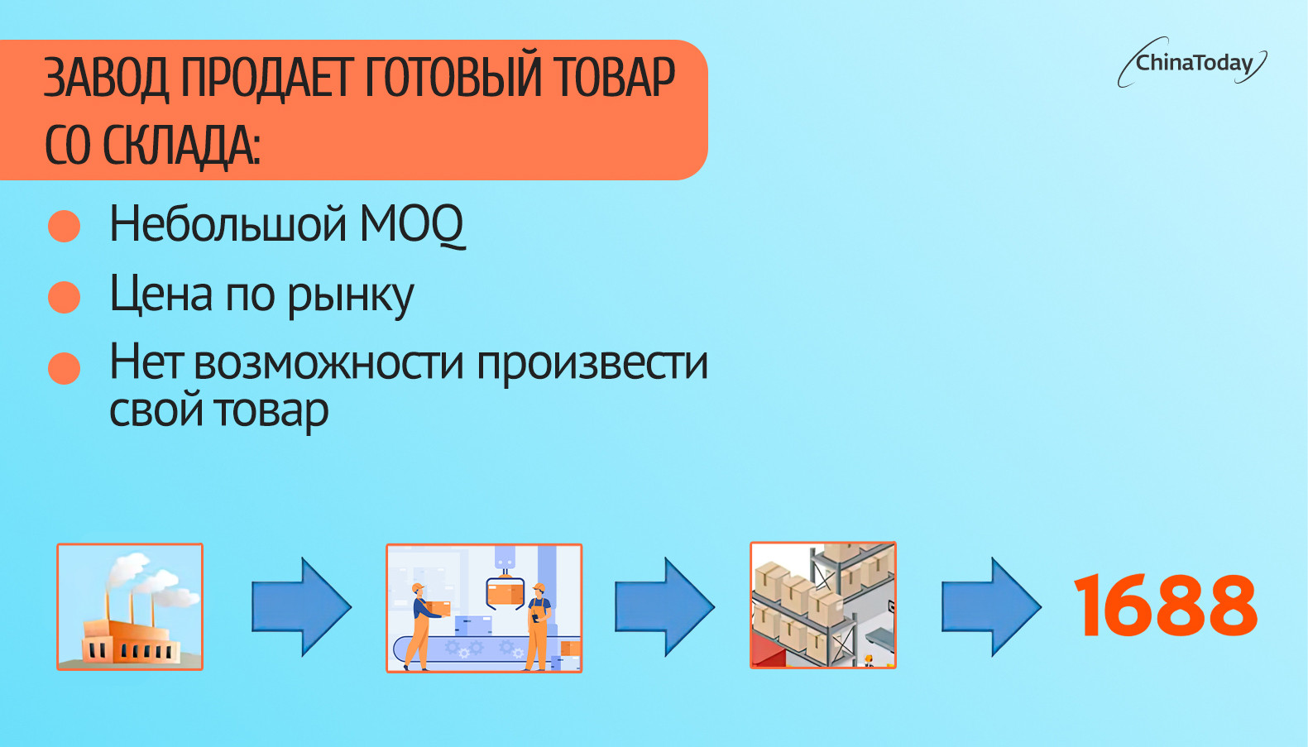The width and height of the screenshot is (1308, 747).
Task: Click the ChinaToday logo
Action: pyautogui.click(x=1192, y=63)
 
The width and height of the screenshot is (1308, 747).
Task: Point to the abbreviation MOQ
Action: pyautogui.click(x=412, y=224)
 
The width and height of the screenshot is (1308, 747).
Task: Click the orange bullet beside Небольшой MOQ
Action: pyautogui.click(x=64, y=226)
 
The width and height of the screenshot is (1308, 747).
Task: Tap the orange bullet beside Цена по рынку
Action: pyautogui.click(x=64, y=297)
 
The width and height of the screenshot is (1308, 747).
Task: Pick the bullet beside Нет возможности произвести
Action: pyautogui.click(x=64, y=368)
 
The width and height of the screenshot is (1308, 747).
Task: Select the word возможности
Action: pyautogui.click(x=328, y=364)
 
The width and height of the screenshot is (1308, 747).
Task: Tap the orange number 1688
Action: pyautogui.click(x=1166, y=605)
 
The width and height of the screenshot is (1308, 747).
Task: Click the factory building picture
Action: pyautogui.click(x=130, y=607)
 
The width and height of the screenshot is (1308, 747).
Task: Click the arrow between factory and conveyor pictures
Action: pyautogui.click(x=301, y=607)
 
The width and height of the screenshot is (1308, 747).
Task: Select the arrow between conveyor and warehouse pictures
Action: pyautogui.click(x=664, y=607)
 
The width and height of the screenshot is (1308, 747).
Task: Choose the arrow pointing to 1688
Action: pyautogui.click(x=991, y=607)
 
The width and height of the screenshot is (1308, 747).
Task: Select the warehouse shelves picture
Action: pyautogui.click(x=822, y=605)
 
